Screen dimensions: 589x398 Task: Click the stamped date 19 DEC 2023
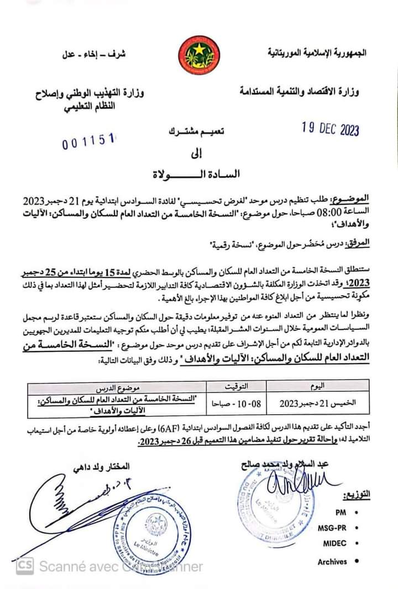coord(330,129)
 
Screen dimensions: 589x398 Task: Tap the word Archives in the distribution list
coord(332,562)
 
